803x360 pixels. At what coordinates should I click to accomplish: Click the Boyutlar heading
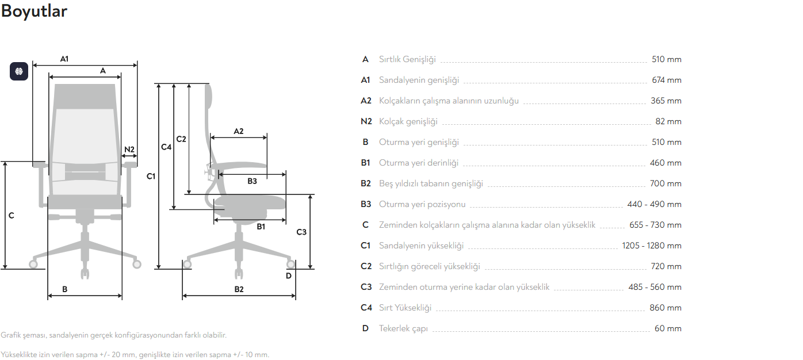pyautogui.click(x=34, y=12)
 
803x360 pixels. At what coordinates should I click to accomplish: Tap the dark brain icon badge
pyautogui.click(x=19, y=71)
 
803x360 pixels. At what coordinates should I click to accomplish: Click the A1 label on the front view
pyautogui.click(x=64, y=59)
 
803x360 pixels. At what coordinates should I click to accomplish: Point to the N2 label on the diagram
pyautogui.click(x=129, y=150)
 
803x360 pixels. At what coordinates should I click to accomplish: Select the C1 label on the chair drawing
pyautogui.click(x=151, y=176)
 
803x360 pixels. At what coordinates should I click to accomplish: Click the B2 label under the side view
pyautogui.click(x=239, y=289)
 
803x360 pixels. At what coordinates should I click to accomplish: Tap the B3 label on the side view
pyautogui.click(x=252, y=181)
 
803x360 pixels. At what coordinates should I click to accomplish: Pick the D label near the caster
pyautogui.click(x=289, y=275)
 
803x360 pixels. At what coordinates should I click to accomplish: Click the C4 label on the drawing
pyautogui.click(x=166, y=147)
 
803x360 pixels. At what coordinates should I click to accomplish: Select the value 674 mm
pyautogui.click(x=666, y=80)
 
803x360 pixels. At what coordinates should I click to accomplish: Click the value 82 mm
pyautogui.click(x=668, y=121)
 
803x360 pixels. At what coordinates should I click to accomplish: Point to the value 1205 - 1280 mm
pyautogui.click(x=652, y=246)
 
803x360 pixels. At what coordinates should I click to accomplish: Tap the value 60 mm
pyautogui.click(x=668, y=328)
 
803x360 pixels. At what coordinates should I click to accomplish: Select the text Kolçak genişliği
pyautogui.click(x=408, y=121)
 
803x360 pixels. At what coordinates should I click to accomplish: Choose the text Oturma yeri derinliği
pyautogui.click(x=419, y=163)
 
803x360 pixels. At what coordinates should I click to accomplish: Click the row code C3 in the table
pyautogui.click(x=366, y=287)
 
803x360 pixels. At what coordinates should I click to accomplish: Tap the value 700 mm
pyautogui.click(x=666, y=183)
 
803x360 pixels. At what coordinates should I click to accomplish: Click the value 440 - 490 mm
pyautogui.click(x=654, y=204)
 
